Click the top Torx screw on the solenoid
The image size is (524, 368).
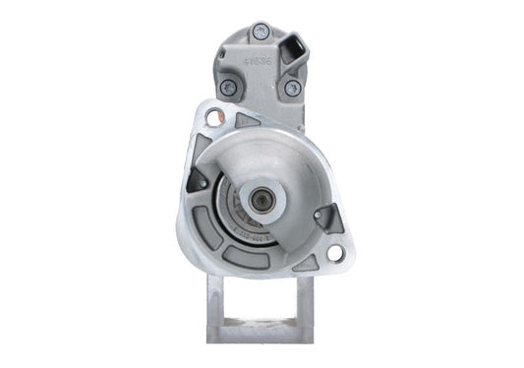pos(261,32)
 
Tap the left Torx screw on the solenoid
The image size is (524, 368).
pos(227,88)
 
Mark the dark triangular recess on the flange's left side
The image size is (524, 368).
pos(197,179)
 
